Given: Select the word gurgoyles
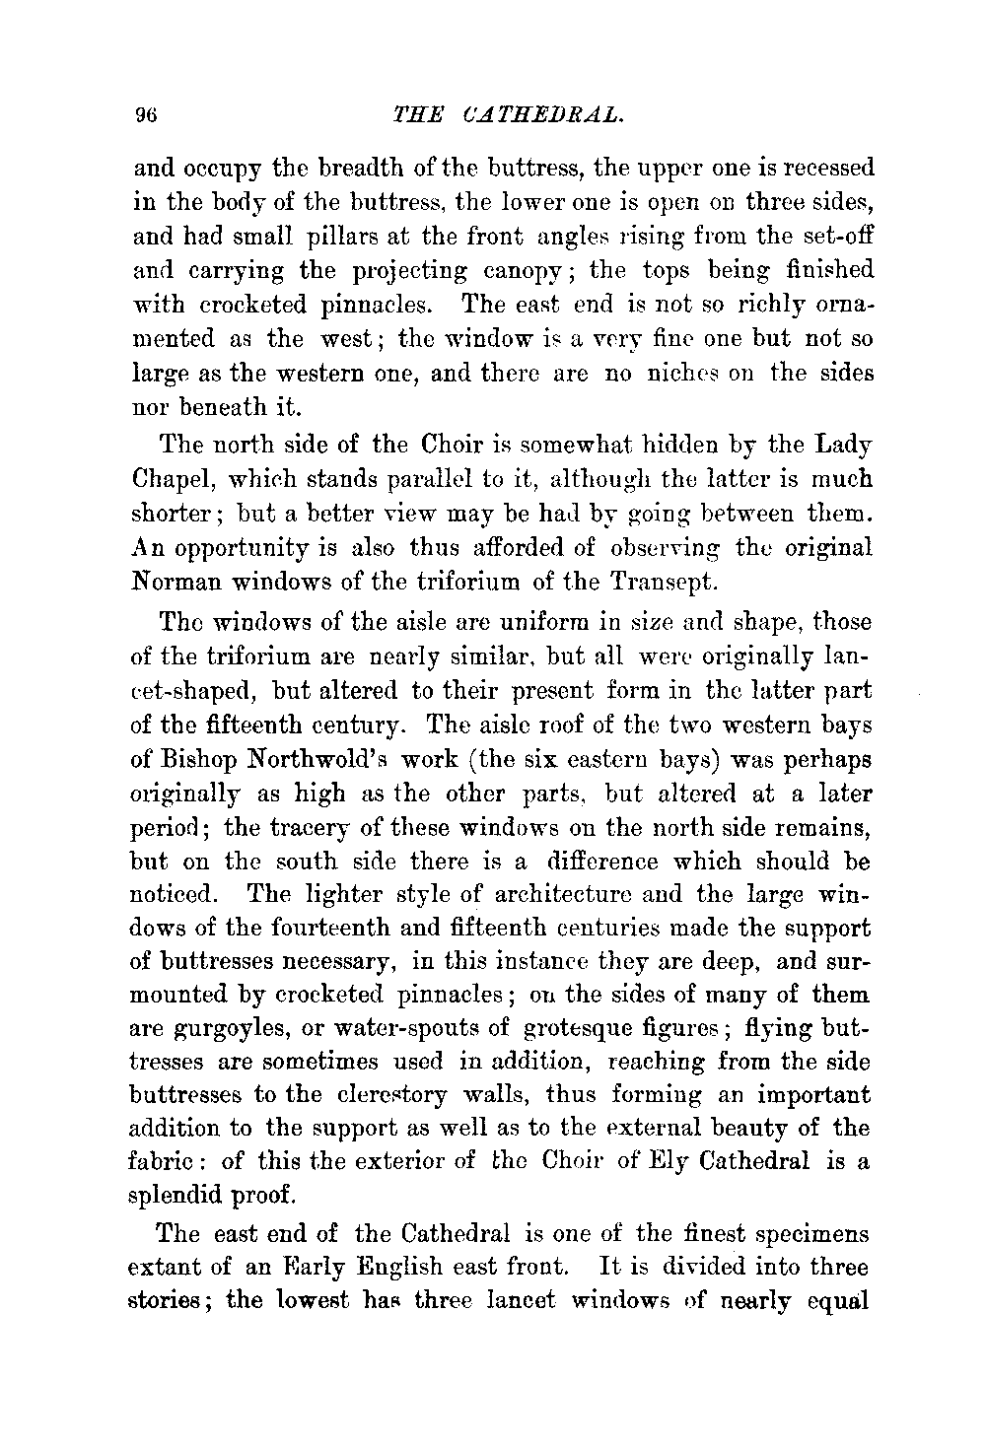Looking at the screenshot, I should click(224, 1028).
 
